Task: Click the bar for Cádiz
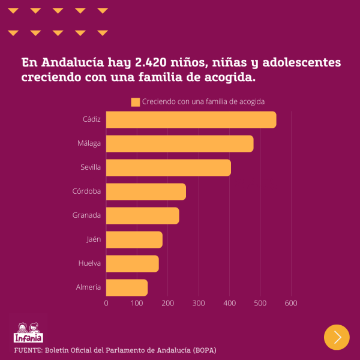pos(191,120)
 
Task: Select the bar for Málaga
pos(179,144)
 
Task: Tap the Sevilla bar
pos(168,168)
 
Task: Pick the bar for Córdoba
pos(146,191)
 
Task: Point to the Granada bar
pos(142,215)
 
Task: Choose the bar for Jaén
pos(134,239)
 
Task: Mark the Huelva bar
pos(132,263)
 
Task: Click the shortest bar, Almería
pos(127,287)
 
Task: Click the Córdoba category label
pos(86,191)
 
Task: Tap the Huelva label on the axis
pos(89,263)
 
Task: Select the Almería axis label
pos(88,287)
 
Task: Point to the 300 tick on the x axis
pos(199,303)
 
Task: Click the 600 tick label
pos(291,303)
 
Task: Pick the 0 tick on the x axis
pos(106,303)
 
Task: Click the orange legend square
pos(135,102)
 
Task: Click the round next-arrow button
pos(337,337)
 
